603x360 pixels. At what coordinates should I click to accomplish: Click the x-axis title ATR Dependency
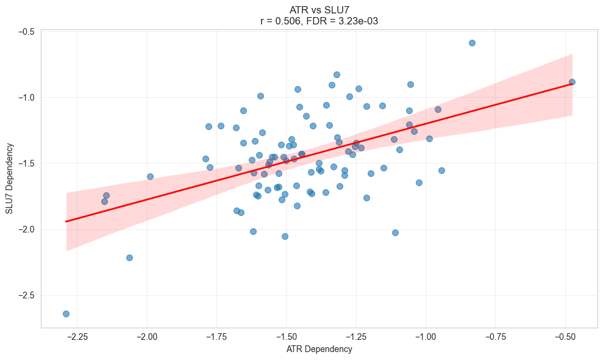click(319, 349)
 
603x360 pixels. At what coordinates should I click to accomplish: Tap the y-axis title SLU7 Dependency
click(9, 178)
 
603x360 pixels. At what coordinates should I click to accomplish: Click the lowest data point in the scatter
click(66, 314)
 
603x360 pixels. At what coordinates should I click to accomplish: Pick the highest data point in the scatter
click(472, 43)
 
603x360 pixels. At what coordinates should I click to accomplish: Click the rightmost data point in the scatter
click(572, 82)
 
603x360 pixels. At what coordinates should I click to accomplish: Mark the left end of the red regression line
click(66, 221)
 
